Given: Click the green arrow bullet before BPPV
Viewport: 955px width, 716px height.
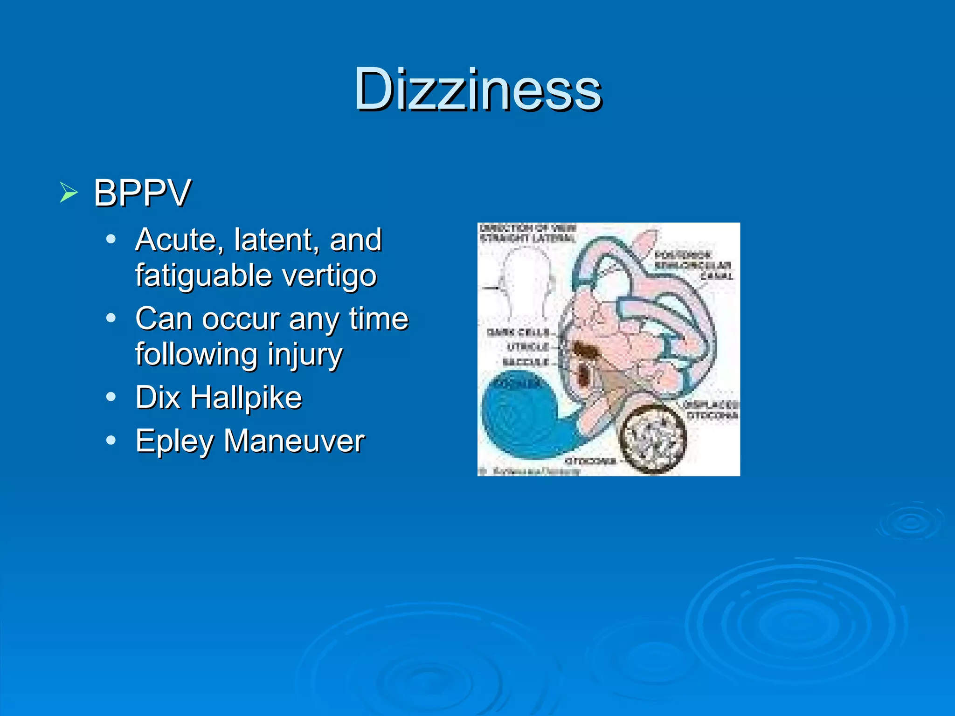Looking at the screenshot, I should pos(69,192).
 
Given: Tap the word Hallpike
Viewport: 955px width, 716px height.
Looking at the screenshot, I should pos(246,398).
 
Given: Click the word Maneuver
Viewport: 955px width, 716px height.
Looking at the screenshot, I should pos(294,441).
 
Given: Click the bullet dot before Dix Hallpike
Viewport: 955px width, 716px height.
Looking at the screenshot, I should pos(111,397).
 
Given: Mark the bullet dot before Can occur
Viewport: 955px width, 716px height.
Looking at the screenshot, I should pos(111,318).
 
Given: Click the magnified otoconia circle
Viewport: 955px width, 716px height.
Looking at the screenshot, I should pos(652,437).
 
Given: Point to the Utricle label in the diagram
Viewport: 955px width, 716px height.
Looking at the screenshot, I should pos(528,347).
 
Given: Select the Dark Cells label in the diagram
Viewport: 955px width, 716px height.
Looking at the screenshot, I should pos(518,332).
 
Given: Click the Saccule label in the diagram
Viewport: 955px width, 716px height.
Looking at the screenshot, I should pos(526,362).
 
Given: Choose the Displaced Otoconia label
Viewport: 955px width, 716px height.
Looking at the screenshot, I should pos(712,410).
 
